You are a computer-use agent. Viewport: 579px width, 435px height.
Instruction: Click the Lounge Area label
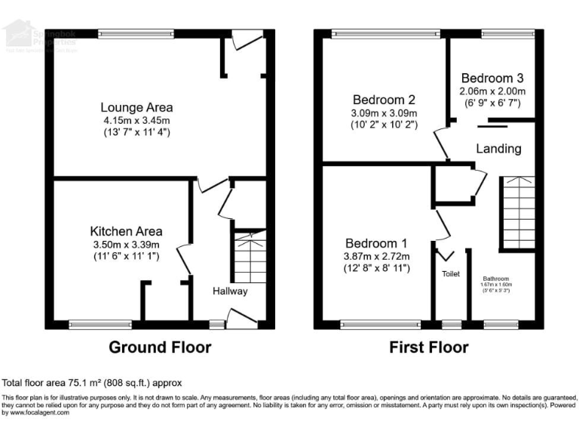point(138,107)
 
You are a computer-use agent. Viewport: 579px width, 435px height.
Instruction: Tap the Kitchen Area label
point(126,231)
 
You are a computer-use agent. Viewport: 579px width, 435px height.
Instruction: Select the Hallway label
point(229,291)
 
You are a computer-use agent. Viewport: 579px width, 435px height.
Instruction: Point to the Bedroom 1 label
point(376,243)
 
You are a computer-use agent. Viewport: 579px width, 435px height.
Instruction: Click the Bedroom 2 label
point(384,99)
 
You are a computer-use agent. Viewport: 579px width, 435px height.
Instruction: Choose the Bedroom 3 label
point(492,78)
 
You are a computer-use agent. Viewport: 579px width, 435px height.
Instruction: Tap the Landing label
point(498,149)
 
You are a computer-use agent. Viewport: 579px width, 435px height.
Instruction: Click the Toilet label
point(451,274)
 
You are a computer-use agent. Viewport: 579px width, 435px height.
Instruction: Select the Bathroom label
point(496,277)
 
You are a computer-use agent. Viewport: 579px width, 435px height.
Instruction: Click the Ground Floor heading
point(160,347)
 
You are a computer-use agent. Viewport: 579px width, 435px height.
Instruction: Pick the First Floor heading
point(428,347)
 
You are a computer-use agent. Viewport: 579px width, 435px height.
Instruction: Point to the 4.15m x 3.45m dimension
point(138,120)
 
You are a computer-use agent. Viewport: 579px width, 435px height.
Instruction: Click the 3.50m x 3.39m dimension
point(126,245)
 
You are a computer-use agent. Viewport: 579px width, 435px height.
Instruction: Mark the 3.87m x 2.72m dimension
point(376,256)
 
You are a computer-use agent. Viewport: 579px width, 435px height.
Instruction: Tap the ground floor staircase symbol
point(250,257)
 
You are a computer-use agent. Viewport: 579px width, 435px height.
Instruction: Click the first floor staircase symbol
point(518,213)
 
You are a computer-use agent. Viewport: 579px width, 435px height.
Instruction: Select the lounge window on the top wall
point(136,33)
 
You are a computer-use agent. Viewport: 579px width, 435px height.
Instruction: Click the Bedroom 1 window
point(380,325)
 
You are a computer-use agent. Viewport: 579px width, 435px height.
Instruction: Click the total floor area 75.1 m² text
point(92,383)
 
